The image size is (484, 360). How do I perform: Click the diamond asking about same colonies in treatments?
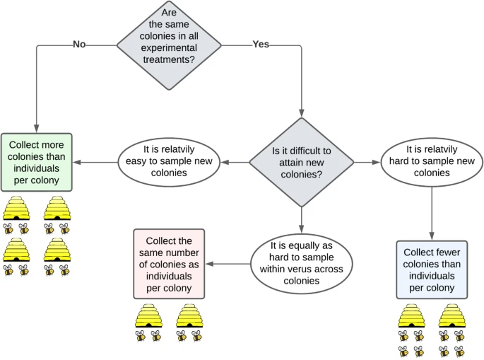[169, 45]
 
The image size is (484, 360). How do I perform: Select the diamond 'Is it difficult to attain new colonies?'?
[301, 162]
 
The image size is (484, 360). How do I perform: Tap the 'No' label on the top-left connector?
[79, 45]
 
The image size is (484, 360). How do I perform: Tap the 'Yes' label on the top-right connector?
[261, 45]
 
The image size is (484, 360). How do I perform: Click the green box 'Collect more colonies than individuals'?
[35, 162]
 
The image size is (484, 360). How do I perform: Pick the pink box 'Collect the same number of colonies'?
[169, 262]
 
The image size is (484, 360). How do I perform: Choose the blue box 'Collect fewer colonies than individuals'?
[431, 269]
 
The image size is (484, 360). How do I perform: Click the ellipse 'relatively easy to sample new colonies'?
[169, 162]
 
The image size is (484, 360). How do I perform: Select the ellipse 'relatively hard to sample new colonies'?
[431, 162]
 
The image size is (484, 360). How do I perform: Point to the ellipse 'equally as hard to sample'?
[301, 263]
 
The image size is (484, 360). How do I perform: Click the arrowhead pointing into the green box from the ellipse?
[76, 162]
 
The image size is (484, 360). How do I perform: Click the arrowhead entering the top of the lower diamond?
[301, 111]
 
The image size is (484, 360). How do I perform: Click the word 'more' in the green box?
[52, 145]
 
